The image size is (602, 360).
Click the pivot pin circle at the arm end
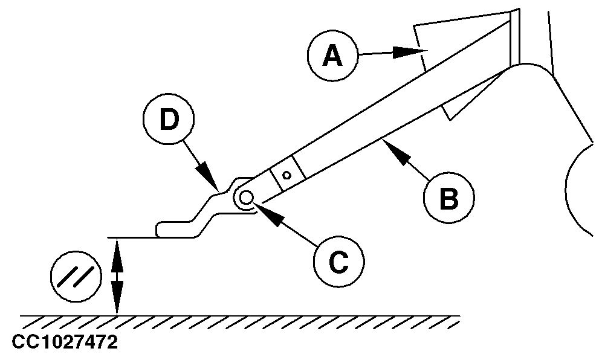[246, 197]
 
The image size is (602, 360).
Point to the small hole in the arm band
[288, 175]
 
